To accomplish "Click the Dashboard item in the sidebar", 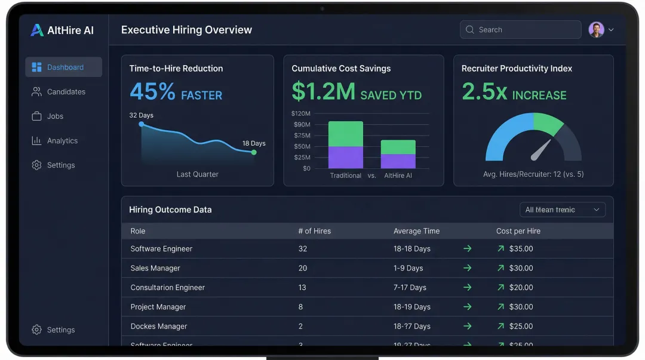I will click(x=64, y=67).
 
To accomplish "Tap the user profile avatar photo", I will click(x=596, y=30).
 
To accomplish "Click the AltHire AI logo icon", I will click(x=37, y=30).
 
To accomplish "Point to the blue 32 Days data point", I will click(x=142, y=124).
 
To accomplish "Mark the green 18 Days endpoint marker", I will click(x=254, y=152).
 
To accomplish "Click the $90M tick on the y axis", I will click(x=302, y=125).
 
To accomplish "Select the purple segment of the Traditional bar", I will click(x=346, y=158).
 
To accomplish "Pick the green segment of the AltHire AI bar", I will click(x=398, y=147).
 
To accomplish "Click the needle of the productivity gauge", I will click(x=541, y=150).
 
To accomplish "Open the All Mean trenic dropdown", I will click(x=562, y=210).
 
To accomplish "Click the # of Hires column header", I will click(x=314, y=231).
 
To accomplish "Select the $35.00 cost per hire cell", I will click(x=521, y=249).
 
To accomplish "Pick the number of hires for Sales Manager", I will click(x=302, y=269).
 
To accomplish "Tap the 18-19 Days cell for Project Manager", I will click(x=411, y=307).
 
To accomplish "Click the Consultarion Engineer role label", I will click(x=167, y=288).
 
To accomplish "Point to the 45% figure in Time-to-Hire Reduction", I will click(x=152, y=92).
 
